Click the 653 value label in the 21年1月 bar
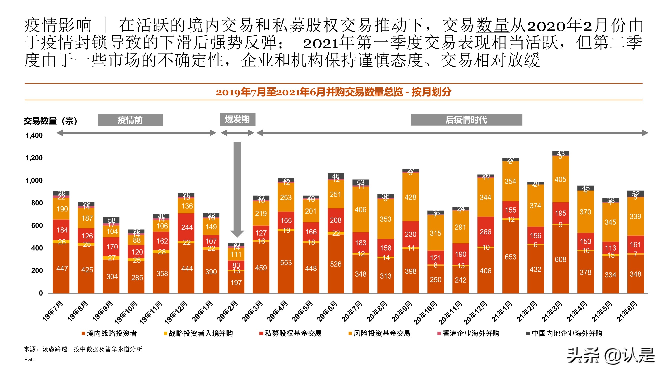pyautogui.click(x=510, y=257)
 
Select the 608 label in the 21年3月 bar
pyautogui.click(x=560, y=259)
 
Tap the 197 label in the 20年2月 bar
pyautogui.click(x=236, y=282)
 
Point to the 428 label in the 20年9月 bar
pyautogui.click(x=410, y=197)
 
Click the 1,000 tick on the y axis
pyautogui.click(x=34, y=181)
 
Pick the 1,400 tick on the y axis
pyautogui.click(x=34, y=135)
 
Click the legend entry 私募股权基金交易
pyautogui.click(x=290, y=333)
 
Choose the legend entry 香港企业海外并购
pyautogui.click(x=468, y=333)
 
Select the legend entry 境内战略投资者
pyautogui.click(x=109, y=333)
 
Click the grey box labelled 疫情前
pyautogui.click(x=130, y=120)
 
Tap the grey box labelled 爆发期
pyautogui.click(x=237, y=119)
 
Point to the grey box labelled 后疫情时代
pyautogui.click(x=466, y=120)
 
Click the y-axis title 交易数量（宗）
pyautogui.click(x=50, y=121)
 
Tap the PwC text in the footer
pyautogui.click(x=29, y=360)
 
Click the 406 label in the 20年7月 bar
pyautogui.click(x=360, y=210)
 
